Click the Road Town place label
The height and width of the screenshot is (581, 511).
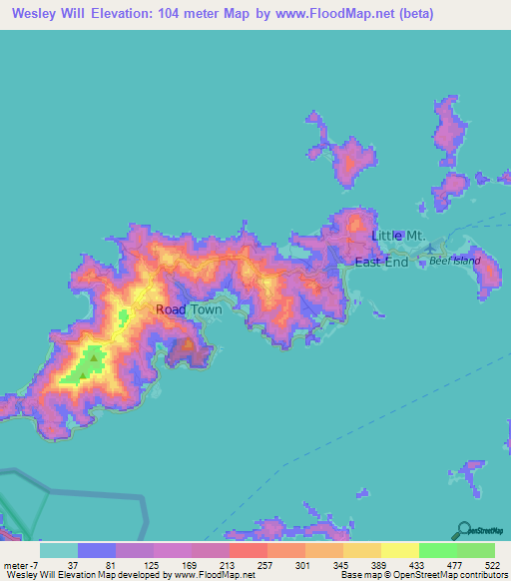pos(189,309)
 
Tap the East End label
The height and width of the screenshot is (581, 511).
pos(382,262)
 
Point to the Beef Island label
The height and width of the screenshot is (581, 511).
pos(455,261)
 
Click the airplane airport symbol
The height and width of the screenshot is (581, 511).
pos(430,249)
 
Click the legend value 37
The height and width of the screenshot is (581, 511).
pos(59,565)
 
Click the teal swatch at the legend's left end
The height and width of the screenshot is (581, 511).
pos(59,550)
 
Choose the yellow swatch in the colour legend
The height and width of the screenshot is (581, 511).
pos(399,550)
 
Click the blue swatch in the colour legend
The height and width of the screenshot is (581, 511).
pos(97,550)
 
